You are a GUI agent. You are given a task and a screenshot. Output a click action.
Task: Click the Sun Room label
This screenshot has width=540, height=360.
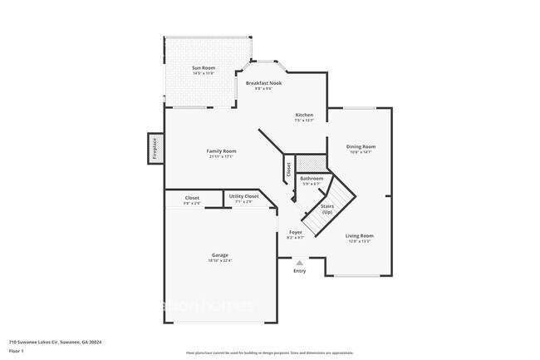(x=203, y=67)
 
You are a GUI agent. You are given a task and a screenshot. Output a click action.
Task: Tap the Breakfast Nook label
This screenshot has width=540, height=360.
(x=263, y=83)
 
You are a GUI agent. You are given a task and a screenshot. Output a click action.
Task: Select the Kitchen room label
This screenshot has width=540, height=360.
(x=304, y=115)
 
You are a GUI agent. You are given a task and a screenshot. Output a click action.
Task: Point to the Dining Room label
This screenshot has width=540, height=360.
(x=361, y=147)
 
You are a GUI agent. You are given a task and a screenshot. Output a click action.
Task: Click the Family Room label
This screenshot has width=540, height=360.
(x=221, y=150)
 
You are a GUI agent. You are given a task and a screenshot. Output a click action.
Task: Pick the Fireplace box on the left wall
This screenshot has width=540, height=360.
(x=155, y=149)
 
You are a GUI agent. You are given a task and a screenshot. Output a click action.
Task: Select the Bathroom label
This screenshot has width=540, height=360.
(x=312, y=178)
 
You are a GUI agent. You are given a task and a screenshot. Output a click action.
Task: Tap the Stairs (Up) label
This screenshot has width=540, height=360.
(x=327, y=207)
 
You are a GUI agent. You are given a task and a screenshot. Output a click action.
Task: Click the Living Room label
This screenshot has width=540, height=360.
(x=360, y=235)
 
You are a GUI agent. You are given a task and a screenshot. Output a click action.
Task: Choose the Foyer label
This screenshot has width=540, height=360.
(x=295, y=232)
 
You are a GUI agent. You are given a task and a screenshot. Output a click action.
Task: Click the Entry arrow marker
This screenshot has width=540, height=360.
(x=299, y=262)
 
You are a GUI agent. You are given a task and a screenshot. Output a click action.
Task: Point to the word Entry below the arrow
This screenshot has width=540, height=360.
(x=299, y=270)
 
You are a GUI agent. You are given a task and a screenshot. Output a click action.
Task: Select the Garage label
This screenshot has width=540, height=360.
(x=220, y=255)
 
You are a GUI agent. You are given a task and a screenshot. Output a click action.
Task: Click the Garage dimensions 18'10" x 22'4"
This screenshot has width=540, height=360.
(x=220, y=260)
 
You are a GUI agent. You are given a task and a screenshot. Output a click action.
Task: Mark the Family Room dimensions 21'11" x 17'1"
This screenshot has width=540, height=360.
(x=221, y=155)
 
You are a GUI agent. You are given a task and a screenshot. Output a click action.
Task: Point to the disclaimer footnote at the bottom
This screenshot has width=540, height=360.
(x=269, y=353)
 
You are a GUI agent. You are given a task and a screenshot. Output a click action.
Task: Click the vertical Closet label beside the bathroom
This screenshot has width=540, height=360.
(x=288, y=170)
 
